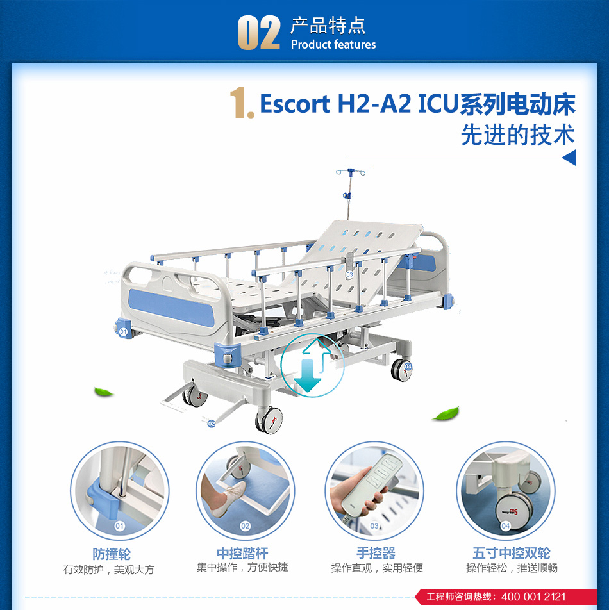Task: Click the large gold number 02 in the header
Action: (259, 33)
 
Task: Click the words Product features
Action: (333, 45)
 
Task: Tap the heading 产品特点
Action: (328, 26)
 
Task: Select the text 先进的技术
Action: (517, 135)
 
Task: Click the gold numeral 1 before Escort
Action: (241, 103)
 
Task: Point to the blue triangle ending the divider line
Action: (569, 158)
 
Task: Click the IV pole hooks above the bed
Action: (351, 172)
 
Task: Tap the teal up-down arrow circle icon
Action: (312, 365)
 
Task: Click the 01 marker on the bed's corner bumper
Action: (123, 332)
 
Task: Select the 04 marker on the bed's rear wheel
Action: (408, 366)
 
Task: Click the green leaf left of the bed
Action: (103, 392)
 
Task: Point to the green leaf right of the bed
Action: (446, 413)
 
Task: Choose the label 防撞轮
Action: (112, 554)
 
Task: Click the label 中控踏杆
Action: (242, 553)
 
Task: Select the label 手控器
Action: (376, 553)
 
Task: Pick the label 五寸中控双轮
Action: (512, 553)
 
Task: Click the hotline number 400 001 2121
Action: (533, 597)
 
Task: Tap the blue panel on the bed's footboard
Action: (171, 308)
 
